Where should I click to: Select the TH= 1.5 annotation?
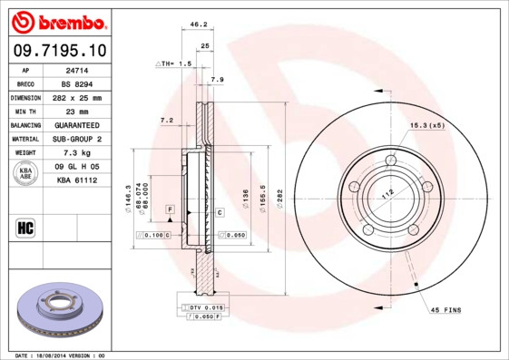(175, 64)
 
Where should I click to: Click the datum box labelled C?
(220, 212)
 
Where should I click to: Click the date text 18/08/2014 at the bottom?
(61, 355)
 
